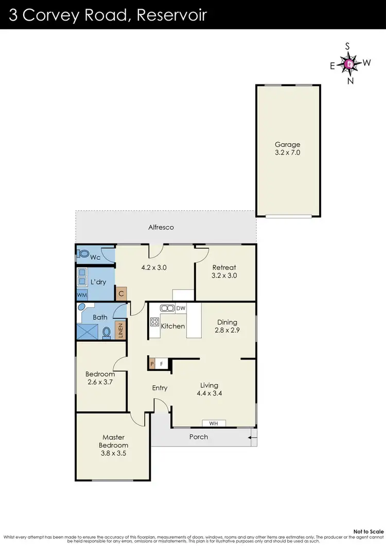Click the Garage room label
[x=287, y=145]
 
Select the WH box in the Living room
[x=214, y=423]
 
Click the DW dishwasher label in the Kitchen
[x=180, y=309]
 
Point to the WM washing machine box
[x=82, y=295]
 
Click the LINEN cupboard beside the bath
[x=121, y=331]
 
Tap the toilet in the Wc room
[x=83, y=254]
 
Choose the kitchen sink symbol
[x=167, y=309]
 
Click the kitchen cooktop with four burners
[x=154, y=322]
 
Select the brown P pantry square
[x=152, y=364]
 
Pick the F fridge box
[x=162, y=364]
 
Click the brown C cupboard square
[x=121, y=294]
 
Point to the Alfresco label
[x=161, y=227]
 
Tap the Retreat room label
[x=224, y=267]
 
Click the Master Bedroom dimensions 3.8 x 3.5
[x=114, y=454]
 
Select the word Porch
[x=199, y=437]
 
